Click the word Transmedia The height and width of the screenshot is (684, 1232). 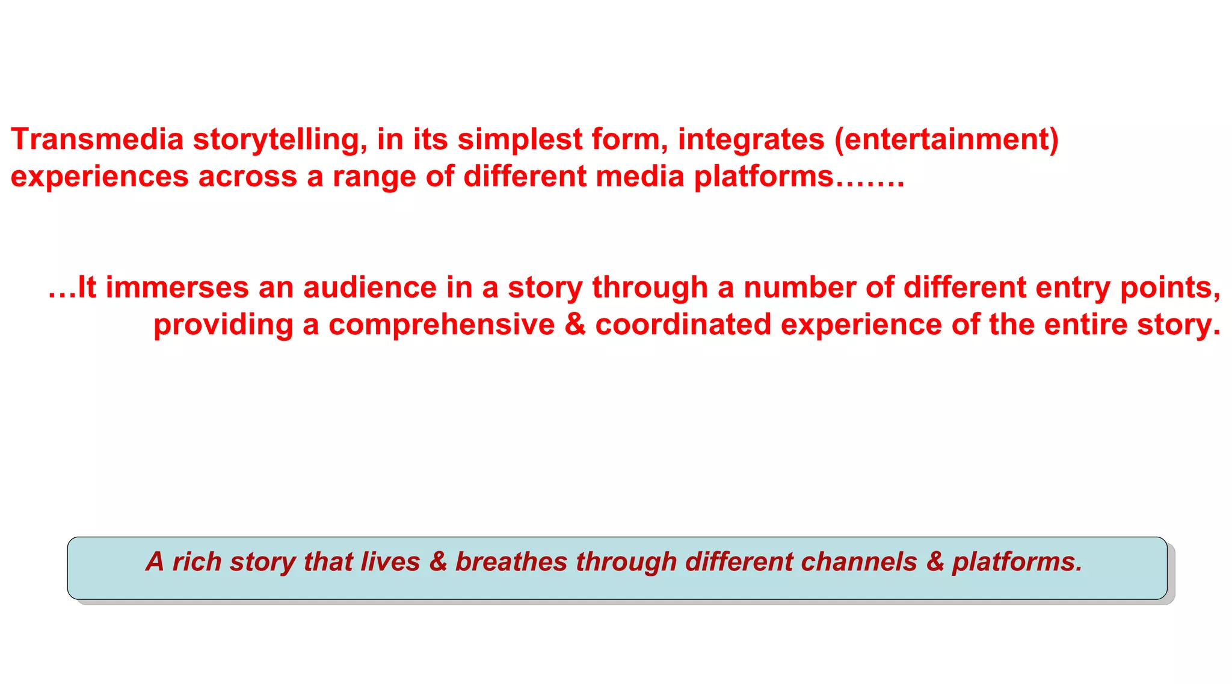coord(97,139)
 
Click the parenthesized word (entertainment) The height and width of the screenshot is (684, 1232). coord(946,139)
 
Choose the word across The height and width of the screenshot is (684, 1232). coord(248,177)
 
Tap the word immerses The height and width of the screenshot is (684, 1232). coord(177,287)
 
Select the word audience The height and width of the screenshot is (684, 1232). coord(370,287)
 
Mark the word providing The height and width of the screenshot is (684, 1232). coord(223,326)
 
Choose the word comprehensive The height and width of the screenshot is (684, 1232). coord(442,325)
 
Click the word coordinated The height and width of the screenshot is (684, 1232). coord(683,325)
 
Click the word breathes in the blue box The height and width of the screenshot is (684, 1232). coord(511,561)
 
